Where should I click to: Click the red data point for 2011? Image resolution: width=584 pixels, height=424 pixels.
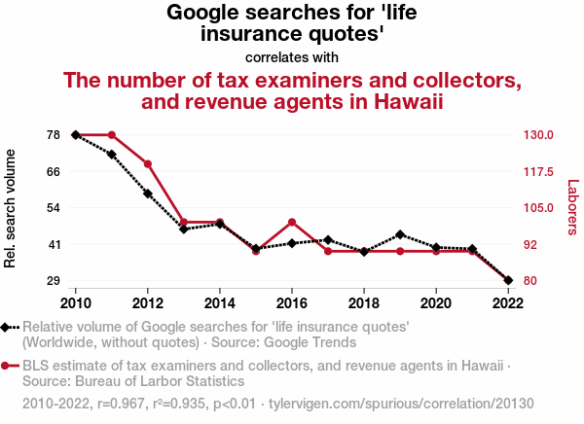click(112, 135)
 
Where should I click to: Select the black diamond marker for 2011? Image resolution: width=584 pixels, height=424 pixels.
click(112, 155)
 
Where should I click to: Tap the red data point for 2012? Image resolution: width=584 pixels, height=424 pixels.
click(148, 164)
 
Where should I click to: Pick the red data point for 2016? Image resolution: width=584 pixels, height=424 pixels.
click(292, 223)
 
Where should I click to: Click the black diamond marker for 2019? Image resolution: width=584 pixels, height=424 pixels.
click(400, 234)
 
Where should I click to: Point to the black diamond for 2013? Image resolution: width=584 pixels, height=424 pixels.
click(184, 230)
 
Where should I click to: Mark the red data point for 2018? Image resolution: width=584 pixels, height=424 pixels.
click(364, 252)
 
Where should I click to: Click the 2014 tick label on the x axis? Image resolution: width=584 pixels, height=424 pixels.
click(220, 301)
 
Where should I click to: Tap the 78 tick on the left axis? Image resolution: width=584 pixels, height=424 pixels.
click(54, 134)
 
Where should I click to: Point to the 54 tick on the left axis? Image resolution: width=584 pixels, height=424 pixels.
click(54, 207)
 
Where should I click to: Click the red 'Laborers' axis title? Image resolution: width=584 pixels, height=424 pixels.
click(572, 207)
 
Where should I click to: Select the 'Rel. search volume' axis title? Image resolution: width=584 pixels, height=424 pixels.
click(12, 208)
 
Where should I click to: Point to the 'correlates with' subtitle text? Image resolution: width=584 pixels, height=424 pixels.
click(292, 56)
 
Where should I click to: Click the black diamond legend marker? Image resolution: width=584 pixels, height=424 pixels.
click(8, 328)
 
